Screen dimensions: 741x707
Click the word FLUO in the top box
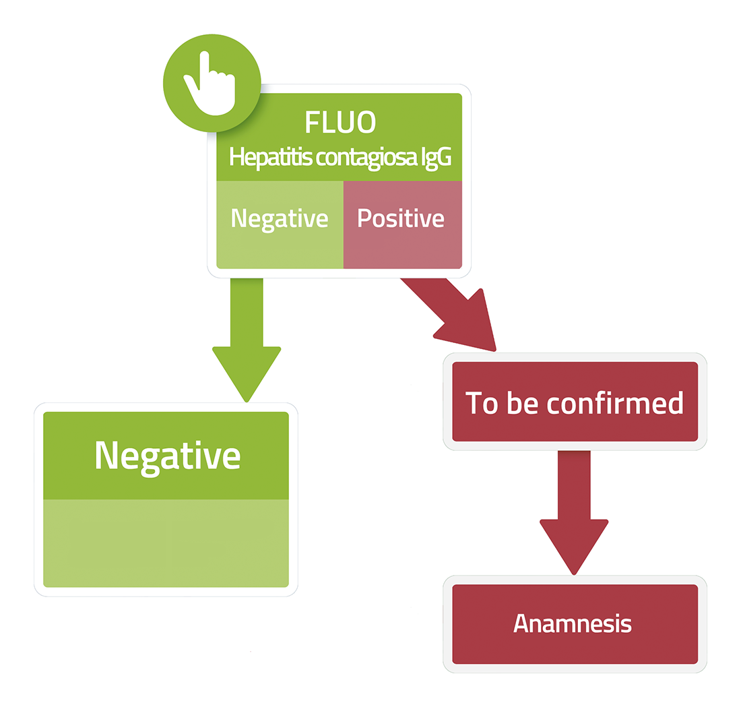click(x=340, y=122)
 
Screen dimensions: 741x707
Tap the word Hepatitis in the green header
click(x=270, y=158)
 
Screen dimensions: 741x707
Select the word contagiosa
click(x=366, y=158)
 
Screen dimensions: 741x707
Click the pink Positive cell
click(x=403, y=224)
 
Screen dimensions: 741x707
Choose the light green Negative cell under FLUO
click(x=280, y=224)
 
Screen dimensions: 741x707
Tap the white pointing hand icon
click(x=210, y=84)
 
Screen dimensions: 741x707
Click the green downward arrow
click(x=247, y=340)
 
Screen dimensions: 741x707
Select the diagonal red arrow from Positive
click(x=453, y=314)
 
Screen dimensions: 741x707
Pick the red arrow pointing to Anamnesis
click(x=574, y=513)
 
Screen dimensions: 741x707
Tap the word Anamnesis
click(x=573, y=623)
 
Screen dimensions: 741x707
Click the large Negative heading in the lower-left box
click(x=168, y=456)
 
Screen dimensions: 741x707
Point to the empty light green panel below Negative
click(x=166, y=543)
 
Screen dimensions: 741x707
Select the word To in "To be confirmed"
click(x=482, y=403)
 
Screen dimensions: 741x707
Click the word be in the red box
click(x=522, y=403)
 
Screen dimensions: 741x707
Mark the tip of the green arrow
click(x=247, y=402)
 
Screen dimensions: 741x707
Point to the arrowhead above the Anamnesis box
click(x=574, y=547)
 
